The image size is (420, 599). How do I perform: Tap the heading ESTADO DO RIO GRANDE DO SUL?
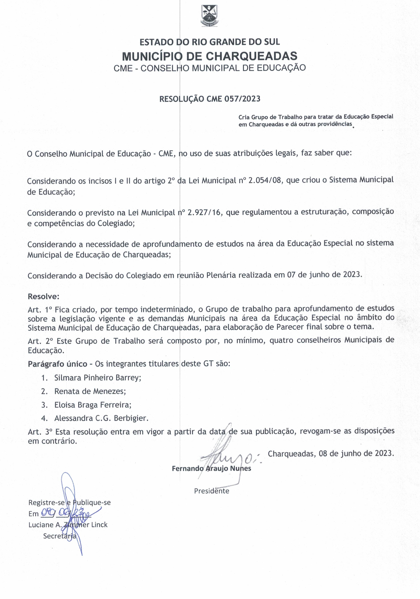coord(210,42)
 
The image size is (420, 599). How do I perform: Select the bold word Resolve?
coord(44,297)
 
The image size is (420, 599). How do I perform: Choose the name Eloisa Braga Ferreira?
coord(93,405)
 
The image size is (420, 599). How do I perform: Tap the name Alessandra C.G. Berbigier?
coord(101,418)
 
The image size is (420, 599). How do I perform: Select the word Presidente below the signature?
coord(211,491)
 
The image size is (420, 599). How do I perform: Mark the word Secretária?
coord(59,536)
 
